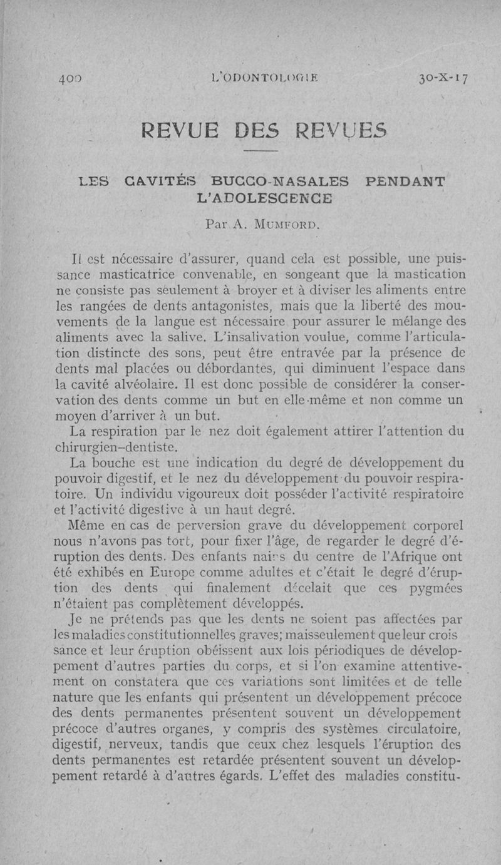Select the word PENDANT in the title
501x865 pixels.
click(x=407, y=182)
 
